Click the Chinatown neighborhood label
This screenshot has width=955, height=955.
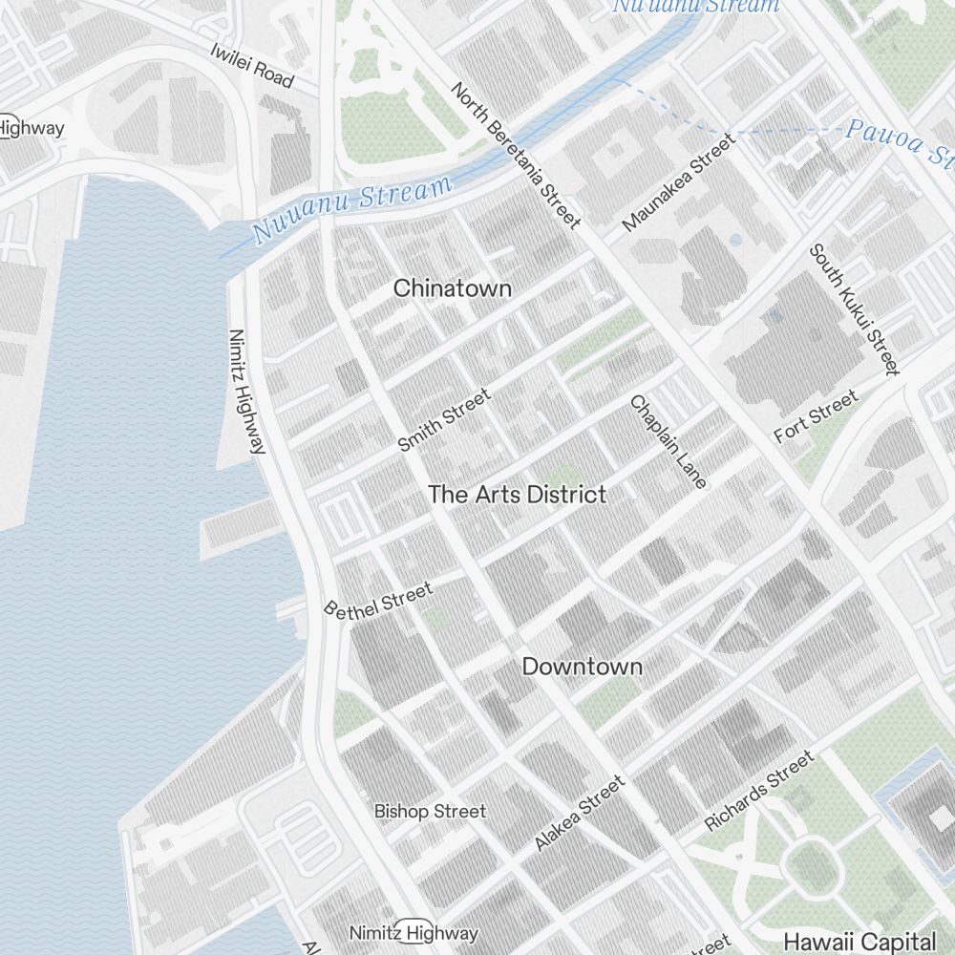(453, 287)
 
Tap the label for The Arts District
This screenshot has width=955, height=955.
(517, 495)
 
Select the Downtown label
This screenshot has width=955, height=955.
(582, 667)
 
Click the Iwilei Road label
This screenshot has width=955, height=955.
(251, 66)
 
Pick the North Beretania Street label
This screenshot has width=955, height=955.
(516, 156)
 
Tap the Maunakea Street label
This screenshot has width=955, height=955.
(679, 182)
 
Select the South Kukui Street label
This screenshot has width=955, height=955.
(855, 309)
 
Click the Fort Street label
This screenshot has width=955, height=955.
(816, 416)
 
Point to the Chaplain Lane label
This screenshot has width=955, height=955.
(668, 442)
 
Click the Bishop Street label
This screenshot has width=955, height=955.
(430, 812)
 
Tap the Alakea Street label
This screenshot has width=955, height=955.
(580, 813)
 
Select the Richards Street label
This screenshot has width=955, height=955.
(759, 791)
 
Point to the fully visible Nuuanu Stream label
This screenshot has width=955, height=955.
(351, 208)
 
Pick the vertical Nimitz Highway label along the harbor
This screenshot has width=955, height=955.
(246, 392)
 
